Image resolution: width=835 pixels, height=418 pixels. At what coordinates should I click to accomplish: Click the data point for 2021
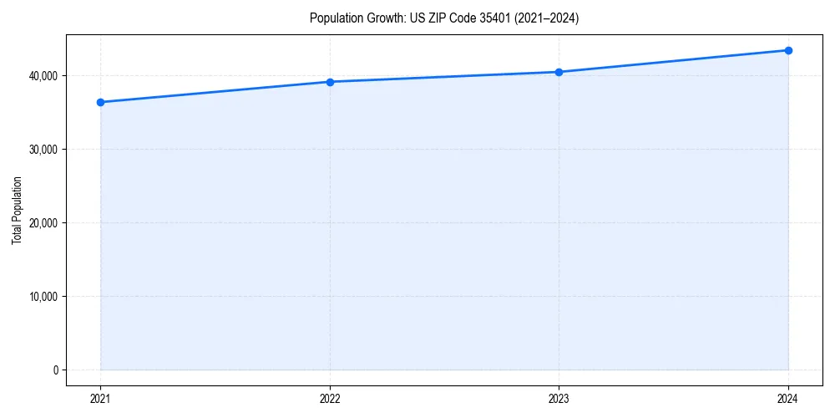tap(100, 102)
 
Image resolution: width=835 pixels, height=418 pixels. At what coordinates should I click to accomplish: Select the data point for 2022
tap(330, 82)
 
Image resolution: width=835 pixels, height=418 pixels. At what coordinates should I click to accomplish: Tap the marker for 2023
tap(559, 72)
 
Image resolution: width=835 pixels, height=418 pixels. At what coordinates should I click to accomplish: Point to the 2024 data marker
tap(788, 50)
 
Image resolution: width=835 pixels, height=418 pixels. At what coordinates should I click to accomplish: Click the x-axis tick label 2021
tap(100, 399)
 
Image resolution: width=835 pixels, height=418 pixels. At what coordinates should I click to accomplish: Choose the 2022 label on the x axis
tap(330, 399)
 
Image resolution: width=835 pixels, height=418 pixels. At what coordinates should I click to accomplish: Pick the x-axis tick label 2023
tap(559, 399)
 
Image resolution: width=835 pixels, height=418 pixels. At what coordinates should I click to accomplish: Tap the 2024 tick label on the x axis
tap(788, 399)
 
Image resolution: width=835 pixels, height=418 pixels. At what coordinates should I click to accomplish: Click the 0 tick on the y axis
tap(55, 370)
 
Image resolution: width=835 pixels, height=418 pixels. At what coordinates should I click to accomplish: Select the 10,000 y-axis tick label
tap(43, 297)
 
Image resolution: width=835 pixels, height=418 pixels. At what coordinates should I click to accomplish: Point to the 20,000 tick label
tap(43, 223)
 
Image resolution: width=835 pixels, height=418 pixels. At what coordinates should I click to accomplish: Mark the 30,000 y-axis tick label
tap(43, 150)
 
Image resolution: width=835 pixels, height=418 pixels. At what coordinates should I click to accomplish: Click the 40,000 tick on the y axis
tap(43, 76)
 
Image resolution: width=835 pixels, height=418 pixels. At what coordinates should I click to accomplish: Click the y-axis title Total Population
tap(17, 210)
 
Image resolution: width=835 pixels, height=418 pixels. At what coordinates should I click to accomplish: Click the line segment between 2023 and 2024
tap(673, 61)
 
